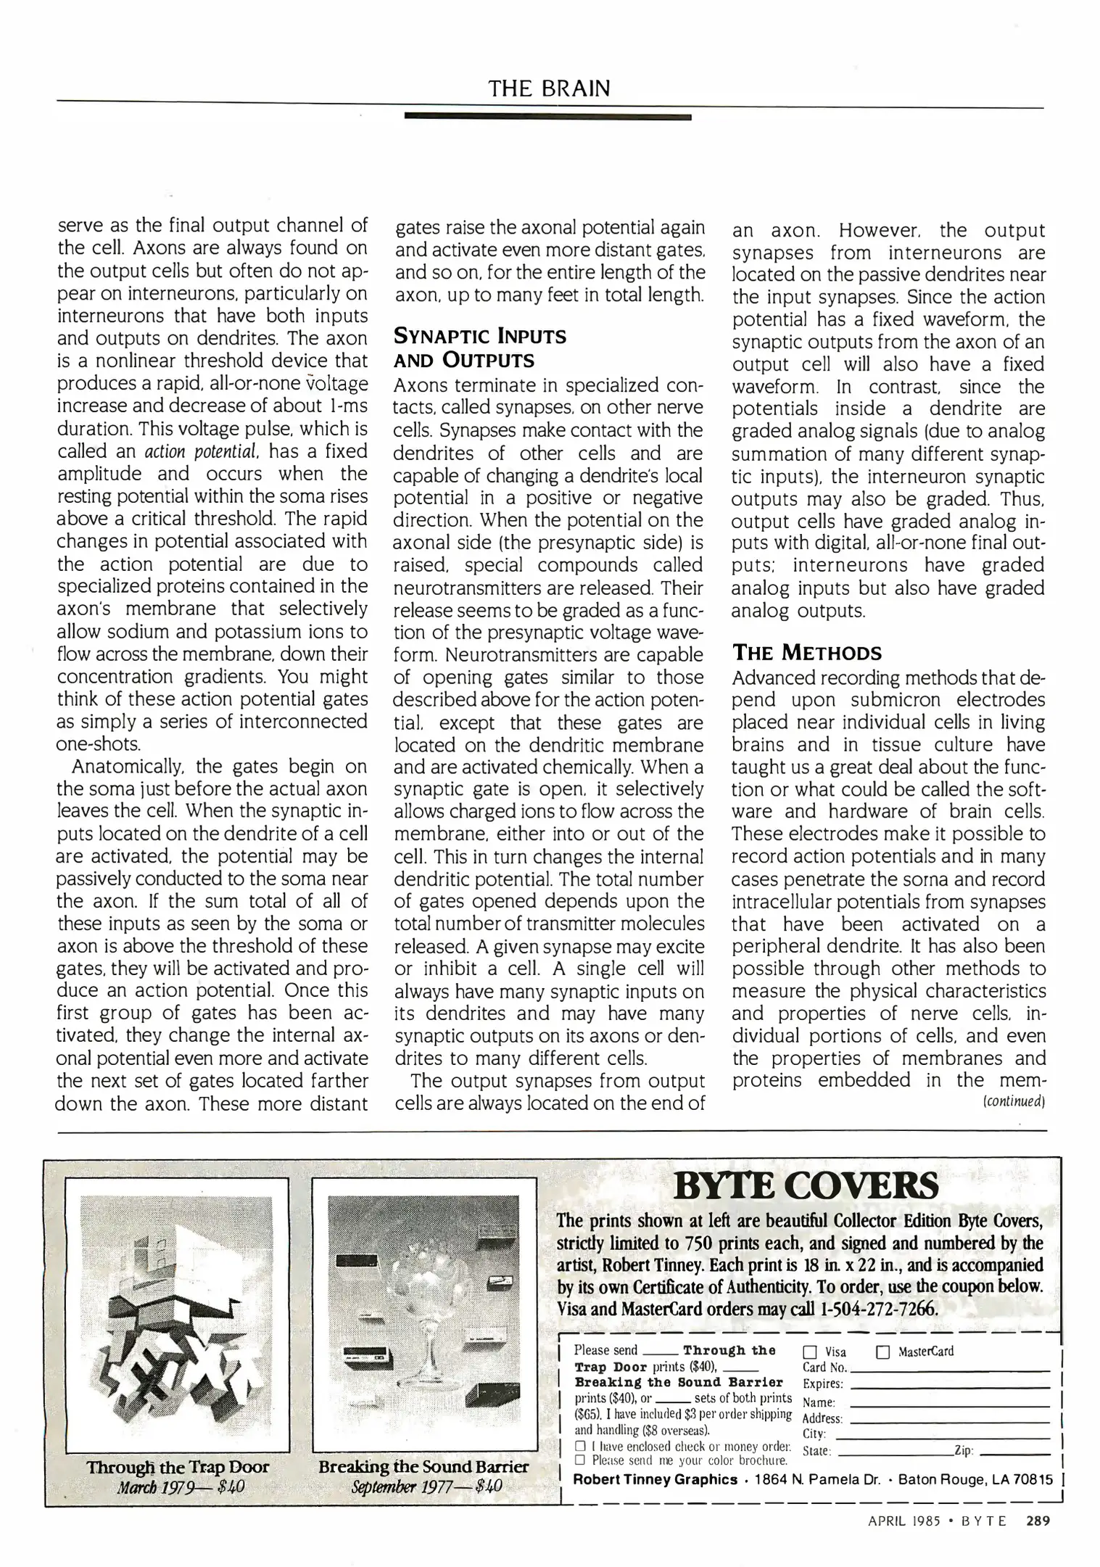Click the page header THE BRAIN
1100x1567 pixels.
[549, 89]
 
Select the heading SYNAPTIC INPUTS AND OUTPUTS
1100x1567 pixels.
[479, 348]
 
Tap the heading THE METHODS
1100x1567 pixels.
[807, 652]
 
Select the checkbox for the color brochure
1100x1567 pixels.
[580, 1460]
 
